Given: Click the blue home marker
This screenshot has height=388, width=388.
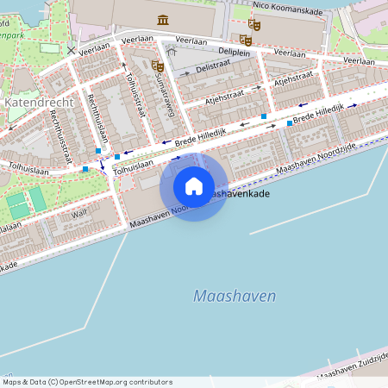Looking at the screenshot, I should point(194,186).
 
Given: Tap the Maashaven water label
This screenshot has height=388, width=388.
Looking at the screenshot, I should point(235,296).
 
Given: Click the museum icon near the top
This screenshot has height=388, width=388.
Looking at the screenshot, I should point(163,19).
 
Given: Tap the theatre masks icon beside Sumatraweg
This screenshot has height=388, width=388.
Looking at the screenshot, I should point(157,65).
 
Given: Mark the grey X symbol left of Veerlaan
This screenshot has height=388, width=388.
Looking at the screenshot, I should point(70,50).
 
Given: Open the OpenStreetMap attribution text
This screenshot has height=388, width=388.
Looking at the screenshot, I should point(87,382).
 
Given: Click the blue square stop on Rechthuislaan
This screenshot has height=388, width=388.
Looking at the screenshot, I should point(98,151).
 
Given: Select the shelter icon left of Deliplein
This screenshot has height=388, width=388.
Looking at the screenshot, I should point(171,52).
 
